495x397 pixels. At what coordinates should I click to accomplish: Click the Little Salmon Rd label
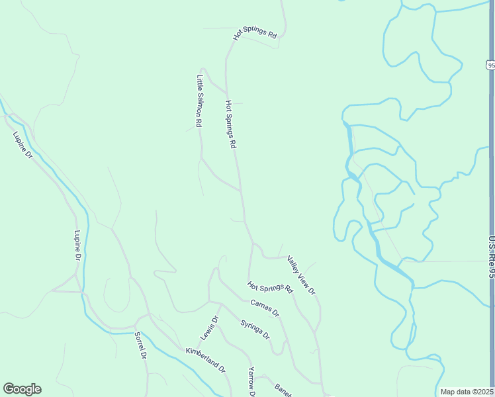199,101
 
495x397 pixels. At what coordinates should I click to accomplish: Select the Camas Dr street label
265,308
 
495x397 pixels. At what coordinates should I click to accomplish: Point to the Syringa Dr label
255,330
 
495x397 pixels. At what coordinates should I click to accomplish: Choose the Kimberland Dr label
206,359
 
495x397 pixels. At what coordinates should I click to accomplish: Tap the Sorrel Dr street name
140,345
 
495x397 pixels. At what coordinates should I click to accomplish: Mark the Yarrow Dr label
251,382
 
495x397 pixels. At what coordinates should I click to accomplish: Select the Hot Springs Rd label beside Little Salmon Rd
230,124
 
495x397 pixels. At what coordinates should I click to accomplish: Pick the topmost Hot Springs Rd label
255,34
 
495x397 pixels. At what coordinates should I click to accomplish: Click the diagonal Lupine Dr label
22,146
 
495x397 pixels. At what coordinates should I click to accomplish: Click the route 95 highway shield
490,65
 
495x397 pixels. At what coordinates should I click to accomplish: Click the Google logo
22,389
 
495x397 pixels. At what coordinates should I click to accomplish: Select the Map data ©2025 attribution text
467,392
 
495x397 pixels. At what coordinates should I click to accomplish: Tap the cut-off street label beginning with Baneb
283,391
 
